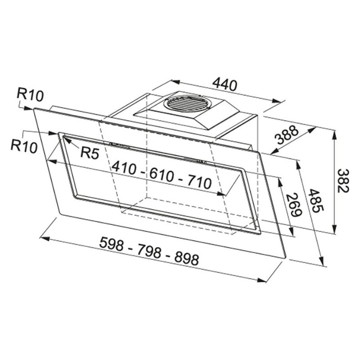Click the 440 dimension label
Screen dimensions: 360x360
[225, 85]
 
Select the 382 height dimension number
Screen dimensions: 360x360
[344, 181]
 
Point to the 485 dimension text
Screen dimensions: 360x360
[316, 201]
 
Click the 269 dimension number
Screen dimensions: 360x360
[294, 205]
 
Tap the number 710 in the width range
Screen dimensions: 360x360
[198, 183]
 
